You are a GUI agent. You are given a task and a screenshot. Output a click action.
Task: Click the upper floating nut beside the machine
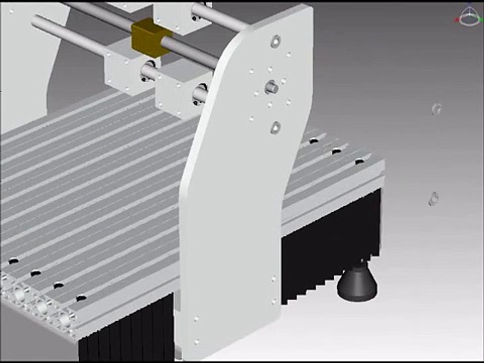tap(437, 109)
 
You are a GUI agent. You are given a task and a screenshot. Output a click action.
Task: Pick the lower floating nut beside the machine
tap(433, 199)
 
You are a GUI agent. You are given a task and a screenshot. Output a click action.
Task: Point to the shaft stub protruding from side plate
tap(272, 87)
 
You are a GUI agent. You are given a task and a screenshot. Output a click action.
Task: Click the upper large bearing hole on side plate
tap(275, 41)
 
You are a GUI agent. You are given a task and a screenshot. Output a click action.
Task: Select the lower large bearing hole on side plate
tap(275, 128)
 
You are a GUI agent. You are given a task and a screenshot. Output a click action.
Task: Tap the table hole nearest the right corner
tap(360, 162)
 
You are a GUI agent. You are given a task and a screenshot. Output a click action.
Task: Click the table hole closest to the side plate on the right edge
tap(314, 141)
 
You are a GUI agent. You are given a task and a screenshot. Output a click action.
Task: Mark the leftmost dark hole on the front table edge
tap(14, 261)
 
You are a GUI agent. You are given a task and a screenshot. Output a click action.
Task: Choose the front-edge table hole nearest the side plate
tap(81, 298)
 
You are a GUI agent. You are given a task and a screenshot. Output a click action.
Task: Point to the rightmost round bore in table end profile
tap(65, 319)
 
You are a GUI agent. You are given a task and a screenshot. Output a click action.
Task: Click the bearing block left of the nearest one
tap(126, 71)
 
